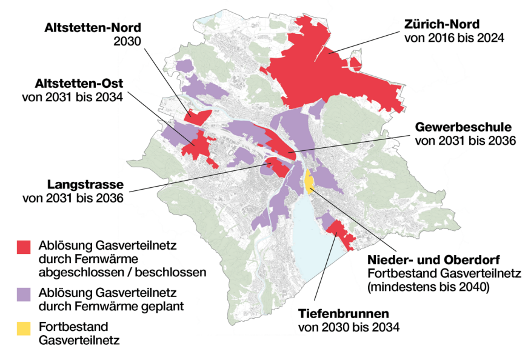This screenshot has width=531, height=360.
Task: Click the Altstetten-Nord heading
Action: click(92, 28)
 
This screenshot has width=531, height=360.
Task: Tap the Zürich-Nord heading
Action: click(441, 24)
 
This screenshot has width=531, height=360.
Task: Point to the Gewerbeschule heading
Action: click(463, 127)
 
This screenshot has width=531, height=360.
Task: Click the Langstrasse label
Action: click(85, 185)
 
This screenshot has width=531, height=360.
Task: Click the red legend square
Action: click(23, 246)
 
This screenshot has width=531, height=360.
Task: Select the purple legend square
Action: click(23, 293)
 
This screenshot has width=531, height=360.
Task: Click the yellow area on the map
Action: click(309, 181)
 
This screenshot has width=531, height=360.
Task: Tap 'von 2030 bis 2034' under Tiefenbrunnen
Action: click(349, 328)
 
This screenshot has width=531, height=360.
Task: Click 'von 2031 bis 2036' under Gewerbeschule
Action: click(466, 141)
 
